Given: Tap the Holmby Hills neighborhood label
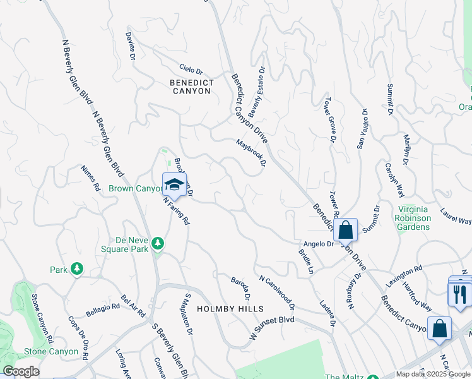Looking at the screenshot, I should click(x=227, y=309).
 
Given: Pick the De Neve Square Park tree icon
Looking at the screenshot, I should click(x=157, y=243).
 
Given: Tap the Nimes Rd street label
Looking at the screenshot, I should click(x=91, y=179).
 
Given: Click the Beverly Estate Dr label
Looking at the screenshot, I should click(x=256, y=93).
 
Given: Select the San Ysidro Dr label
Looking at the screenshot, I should click(x=362, y=129).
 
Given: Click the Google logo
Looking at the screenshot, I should click(x=21, y=371).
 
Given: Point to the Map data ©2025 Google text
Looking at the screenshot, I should click(x=433, y=374).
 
